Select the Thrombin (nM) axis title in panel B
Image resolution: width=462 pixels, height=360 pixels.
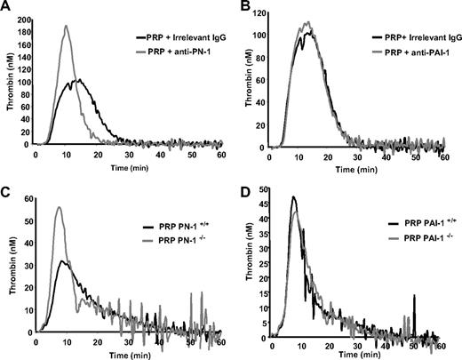point(246,76)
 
